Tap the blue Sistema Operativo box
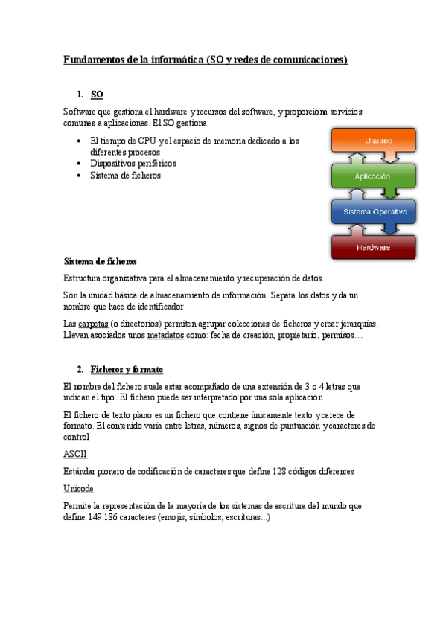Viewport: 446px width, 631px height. point(375,212)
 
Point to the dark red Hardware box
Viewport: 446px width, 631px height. point(373,247)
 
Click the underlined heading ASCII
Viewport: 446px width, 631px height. point(75,453)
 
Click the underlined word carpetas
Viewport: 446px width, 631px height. point(92,324)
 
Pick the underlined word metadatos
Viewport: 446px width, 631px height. point(165,336)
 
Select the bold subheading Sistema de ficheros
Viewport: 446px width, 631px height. point(101,262)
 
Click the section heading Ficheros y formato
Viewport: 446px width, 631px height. point(127,369)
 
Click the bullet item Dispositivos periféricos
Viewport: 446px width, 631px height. point(133,163)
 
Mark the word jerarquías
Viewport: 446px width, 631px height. point(357,324)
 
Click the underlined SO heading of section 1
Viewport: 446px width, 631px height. point(97,95)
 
